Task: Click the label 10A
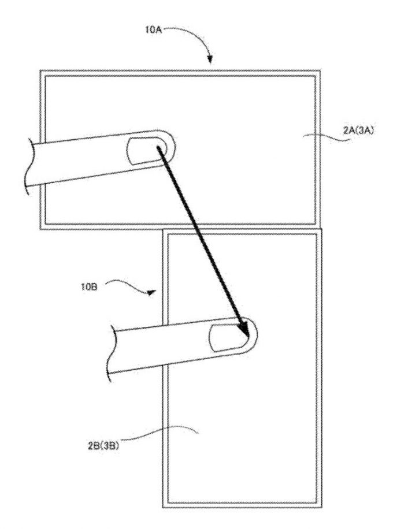coord(153,30)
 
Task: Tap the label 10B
coord(89,288)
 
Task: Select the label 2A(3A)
coord(358,131)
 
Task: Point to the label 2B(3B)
coord(103,446)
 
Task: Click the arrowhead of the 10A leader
coord(210,59)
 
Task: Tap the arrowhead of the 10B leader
coord(152,292)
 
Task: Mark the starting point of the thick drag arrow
coord(158,147)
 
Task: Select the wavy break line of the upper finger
coord(31,167)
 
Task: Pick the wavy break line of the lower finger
coord(113,353)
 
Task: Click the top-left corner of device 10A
coord(40,71)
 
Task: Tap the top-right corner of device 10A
coord(320,71)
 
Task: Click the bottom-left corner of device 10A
coord(40,229)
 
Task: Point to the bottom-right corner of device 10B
coord(322,508)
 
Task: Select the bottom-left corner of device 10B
coord(163,508)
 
